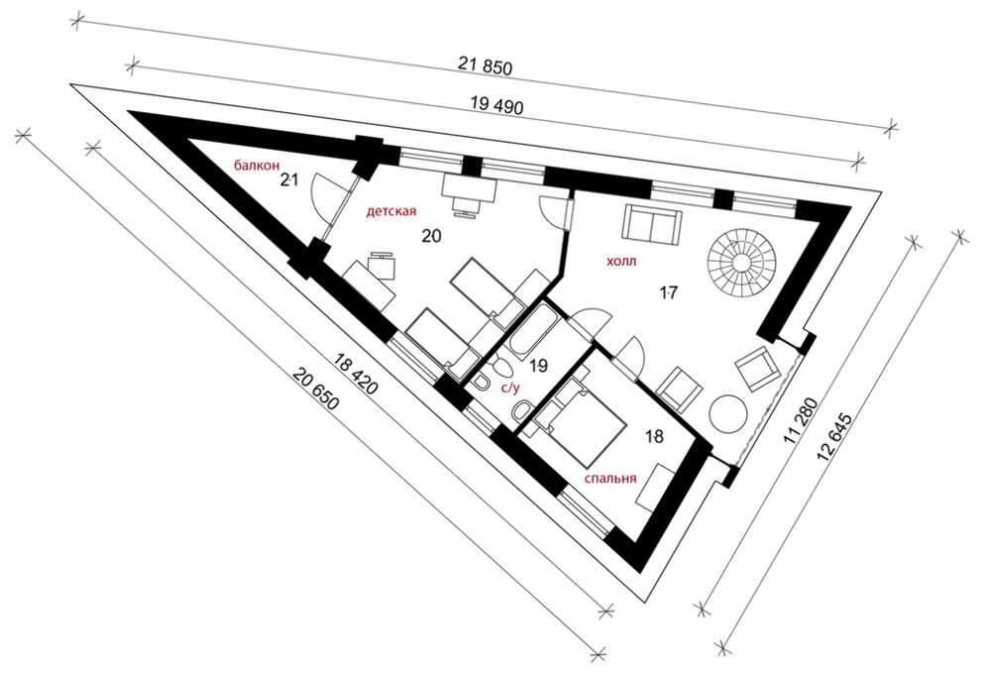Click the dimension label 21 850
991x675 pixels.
coord(485,65)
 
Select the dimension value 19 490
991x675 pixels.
coord(497,105)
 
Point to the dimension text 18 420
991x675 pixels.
coord(357,375)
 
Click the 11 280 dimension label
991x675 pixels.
coord(803,419)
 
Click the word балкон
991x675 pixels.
coord(257,166)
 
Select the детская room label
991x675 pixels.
coord(391,211)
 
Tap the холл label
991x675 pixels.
coord(621,261)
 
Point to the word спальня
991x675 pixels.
coord(609,479)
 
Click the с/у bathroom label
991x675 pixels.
coord(510,389)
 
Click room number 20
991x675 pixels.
coord(432,236)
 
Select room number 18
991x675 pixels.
coord(655,436)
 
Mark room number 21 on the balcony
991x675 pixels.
coord(288,180)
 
